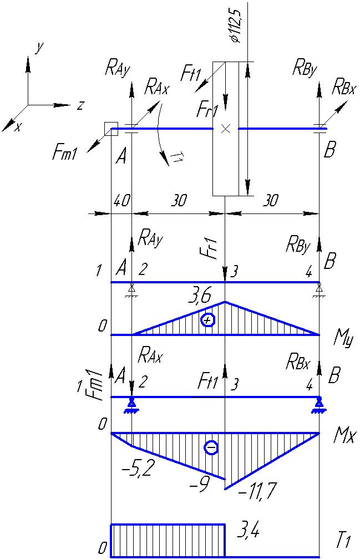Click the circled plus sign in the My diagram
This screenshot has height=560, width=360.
coord(207,320)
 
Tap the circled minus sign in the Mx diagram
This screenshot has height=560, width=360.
coord(211,447)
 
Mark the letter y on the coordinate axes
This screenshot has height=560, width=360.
coord(39,48)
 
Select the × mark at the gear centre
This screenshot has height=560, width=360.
coord(225,129)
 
